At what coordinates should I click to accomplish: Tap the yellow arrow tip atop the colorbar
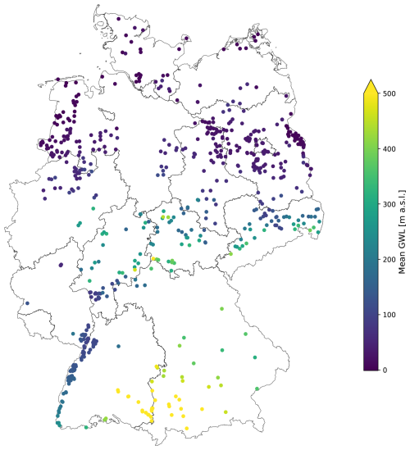point(370,83)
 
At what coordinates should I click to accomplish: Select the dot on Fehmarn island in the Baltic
point(186,38)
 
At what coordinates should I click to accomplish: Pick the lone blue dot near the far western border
point(27,303)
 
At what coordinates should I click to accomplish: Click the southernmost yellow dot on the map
point(187,428)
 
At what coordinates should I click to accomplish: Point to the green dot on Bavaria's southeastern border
point(257,389)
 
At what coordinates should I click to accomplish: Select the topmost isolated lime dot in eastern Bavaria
point(222,309)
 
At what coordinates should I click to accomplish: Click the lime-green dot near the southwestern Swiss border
point(104,420)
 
